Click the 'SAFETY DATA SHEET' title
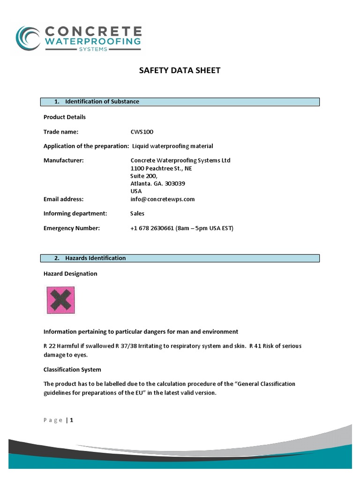point(180,71)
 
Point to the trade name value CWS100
point(142,132)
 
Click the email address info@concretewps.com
point(162,199)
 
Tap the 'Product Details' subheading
point(65,117)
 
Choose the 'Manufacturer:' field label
point(63,160)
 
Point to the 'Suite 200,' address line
point(141,176)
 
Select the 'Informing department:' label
point(75,213)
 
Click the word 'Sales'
point(137,213)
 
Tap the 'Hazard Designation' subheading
point(70,274)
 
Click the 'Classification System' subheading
point(72,370)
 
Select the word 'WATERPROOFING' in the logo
point(92,42)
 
